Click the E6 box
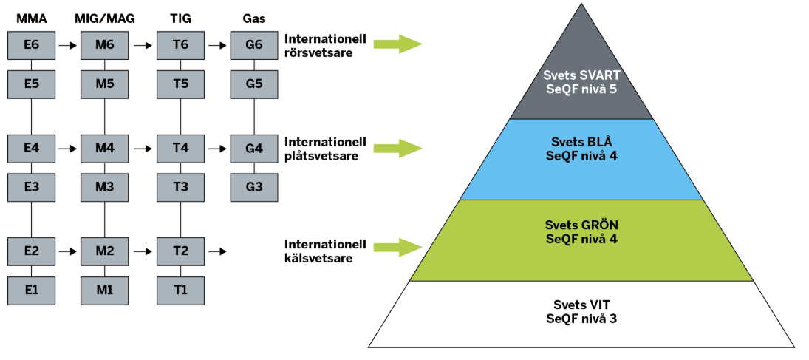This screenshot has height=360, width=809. (31, 45)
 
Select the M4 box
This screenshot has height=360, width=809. (105, 149)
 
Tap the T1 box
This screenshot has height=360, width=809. (180, 290)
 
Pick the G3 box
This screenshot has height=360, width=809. (254, 187)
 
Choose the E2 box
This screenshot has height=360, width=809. (31, 251)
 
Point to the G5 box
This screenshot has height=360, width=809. (254, 84)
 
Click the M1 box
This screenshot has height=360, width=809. (105, 290)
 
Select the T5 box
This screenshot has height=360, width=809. (180, 84)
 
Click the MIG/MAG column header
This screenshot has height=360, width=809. (105, 20)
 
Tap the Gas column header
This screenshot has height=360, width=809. (254, 20)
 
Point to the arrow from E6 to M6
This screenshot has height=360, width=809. (67, 45)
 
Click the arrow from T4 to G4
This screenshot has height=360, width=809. (217, 149)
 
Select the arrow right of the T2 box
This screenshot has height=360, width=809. (217, 251)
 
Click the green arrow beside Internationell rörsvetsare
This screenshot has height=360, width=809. (397, 44)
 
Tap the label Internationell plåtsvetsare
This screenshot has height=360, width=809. (326, 149)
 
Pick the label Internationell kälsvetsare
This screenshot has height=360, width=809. (326, 251)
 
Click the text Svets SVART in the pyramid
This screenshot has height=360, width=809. (581, 75)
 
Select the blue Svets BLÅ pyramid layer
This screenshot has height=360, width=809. (581, 160)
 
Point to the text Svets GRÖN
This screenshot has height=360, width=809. (581, 225)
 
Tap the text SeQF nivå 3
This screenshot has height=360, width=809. (581, 318)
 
